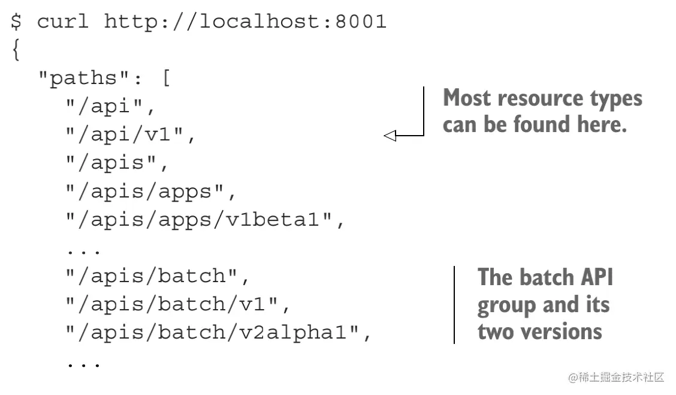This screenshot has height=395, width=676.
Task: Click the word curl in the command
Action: click(63, 22)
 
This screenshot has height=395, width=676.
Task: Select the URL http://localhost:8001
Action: click(245, 22)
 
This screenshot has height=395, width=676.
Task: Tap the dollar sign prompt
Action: click(16, 22)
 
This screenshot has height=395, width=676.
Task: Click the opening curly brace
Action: click(16, 50)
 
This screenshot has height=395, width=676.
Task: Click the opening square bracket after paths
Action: click(166, 79)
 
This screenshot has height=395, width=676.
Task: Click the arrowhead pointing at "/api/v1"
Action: click(390, 136)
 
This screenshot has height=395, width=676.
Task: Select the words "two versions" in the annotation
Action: click(539, 331)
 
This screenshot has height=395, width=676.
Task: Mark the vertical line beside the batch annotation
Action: click(454, 304)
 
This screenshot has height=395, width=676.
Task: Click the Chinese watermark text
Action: click(617, 377)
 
